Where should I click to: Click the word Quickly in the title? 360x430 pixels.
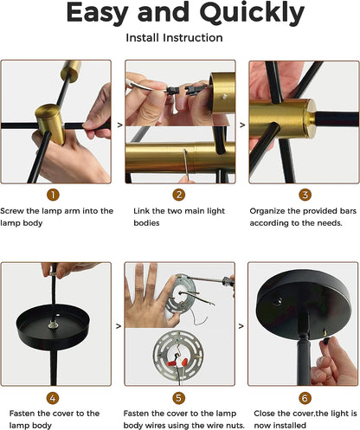click(x=252, y=14)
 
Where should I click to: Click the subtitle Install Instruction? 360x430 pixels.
click(x=174, y=38)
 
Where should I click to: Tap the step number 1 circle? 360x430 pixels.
click(x=53, y=195)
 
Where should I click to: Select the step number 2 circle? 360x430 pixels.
click(x=179, y=195)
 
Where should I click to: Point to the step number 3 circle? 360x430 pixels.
click(x=305, y=195)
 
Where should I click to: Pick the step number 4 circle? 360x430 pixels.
click(x=53, y=398)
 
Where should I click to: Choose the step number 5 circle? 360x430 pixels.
click(x=178, y=398)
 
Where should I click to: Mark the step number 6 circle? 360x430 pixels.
click(x=305, y=398)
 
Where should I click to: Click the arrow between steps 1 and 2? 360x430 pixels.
click(x=120, y=125)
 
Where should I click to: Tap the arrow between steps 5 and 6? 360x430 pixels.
click(x=241, y=326)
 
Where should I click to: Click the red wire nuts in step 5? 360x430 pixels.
click(x=177, y=362)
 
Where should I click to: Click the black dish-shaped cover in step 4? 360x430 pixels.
click(x=53, y=326)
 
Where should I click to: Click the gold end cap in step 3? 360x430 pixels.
click(x=311, y=119)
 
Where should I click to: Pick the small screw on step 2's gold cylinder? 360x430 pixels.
click(x=224, y=97)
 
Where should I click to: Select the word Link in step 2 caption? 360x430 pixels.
click(x=141, y=211)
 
